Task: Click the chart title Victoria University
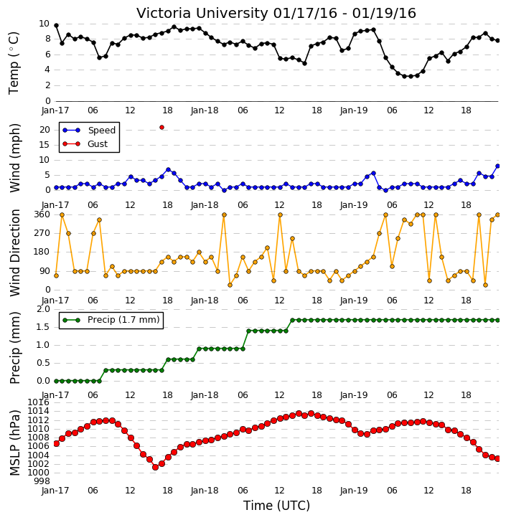[x=202, y=13]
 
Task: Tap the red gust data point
[x=162, y=128]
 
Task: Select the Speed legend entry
[x=89, y=131]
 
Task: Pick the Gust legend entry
[x=85, y=144]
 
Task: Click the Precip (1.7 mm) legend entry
[x=111, y=320]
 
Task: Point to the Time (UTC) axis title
[x=276, y=506]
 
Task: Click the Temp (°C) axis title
[x=14, y=63]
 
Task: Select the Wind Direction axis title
[x=15, y=252]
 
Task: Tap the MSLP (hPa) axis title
[x=15, y=443]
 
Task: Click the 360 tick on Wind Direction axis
[x=42, y=214]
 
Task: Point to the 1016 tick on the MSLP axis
[x=38, y=402]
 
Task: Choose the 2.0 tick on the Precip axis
[x=43, y=309]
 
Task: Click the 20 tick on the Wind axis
[x=44, y=130]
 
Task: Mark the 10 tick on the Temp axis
[x=44, y=24]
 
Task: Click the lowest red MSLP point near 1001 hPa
[x=155, y=467]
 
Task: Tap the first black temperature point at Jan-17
[x=56, y=26]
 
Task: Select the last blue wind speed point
[x=497, y=166]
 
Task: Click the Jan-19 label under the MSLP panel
[x=354, y=491]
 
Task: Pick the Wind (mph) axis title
[x=15, y=158]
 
